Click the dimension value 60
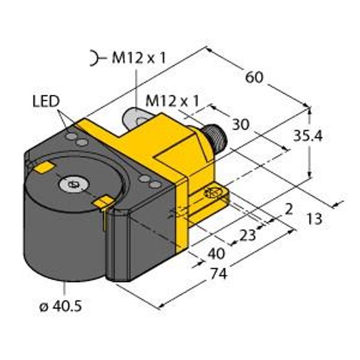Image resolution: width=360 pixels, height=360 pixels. tap(254, 77)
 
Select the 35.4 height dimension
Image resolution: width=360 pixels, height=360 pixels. tap(308, 136)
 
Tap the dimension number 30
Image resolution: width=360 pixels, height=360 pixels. tap(241, 125)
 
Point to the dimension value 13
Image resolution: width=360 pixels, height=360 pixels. tap(315, 218)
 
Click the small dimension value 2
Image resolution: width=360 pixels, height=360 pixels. tap(289, 209)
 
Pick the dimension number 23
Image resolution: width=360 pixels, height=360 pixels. tap(247, 235)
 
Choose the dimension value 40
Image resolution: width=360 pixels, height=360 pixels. tap(216, 254)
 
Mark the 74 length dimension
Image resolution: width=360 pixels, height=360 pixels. tap(219, 274)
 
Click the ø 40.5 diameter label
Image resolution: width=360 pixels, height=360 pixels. tap(61, 306)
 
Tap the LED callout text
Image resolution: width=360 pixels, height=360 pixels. tap(46, 101)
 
